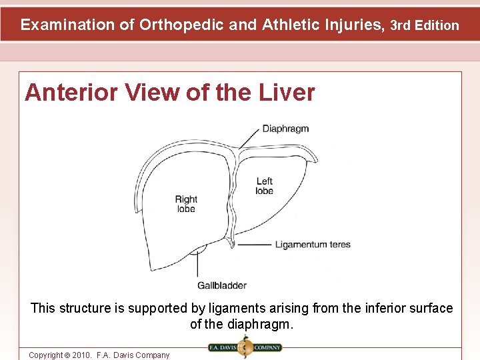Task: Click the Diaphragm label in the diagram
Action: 285,129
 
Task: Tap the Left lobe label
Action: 264,186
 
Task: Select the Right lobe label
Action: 186,204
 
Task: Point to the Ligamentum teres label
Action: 313,245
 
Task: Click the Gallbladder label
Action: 221,285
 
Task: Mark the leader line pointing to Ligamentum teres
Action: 253,245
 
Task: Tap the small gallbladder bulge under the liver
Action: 198,251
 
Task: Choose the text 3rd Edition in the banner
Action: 425,26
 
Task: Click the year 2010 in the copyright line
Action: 81,355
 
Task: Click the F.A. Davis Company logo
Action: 245,347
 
